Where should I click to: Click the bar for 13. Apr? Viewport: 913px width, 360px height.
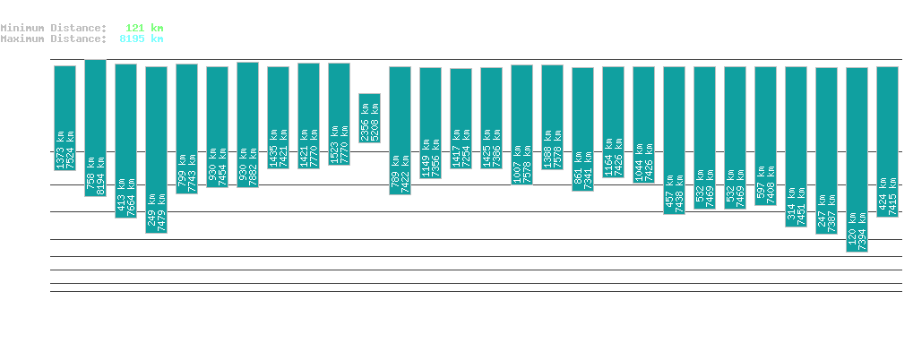click(x=370, y=117)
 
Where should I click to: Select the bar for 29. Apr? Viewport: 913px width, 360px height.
click(x=857, y=159)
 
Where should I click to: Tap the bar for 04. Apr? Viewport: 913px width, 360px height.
click(x=96, y=127)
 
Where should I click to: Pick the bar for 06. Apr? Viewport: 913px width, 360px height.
click(x=157, y=150)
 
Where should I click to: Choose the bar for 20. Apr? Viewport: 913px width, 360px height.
click(x=583, y=129)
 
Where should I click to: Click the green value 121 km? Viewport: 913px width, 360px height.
click(x=144, y=29)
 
